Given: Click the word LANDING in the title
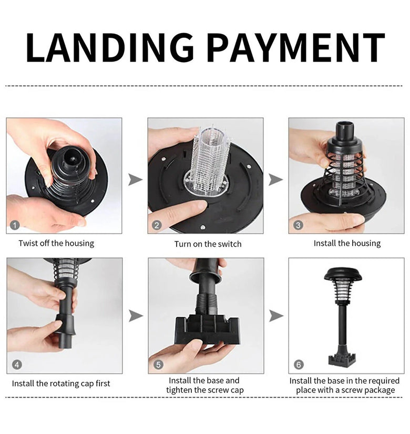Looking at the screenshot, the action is pos(110,47).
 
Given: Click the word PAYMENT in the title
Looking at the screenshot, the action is pos(296,47).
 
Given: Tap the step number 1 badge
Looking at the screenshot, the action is pos(15,225).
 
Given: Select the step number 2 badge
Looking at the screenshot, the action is pos(157,225).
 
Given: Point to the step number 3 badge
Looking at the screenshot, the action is pos(298,225).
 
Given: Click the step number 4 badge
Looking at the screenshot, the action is pos(17,365).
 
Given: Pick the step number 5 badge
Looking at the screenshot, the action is pos(158,365).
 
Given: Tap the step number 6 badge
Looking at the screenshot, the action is pos(299,365).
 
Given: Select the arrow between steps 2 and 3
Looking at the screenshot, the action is pos(275,179).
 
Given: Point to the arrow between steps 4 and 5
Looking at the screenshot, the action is pos(136,316).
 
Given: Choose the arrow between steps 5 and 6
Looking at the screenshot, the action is pos(276,316).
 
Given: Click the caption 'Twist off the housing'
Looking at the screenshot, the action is pos(56,243).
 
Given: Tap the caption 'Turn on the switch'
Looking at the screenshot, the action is pos(208,244).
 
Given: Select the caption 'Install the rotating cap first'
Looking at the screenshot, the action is pos(61,383).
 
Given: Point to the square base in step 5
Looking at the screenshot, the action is pos(207,329).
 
